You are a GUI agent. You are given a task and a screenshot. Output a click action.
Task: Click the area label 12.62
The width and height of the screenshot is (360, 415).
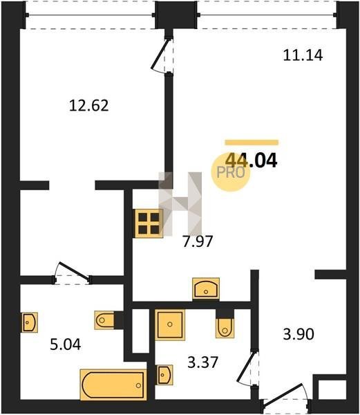[x=89, y=105]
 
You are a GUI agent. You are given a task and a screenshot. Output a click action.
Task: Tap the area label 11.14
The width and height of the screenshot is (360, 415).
[x=303, y=55]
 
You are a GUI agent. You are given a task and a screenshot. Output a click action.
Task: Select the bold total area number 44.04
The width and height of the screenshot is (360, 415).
[x=252, y=160]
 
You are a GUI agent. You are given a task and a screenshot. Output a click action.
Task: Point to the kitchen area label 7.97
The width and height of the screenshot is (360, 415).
[x=198, y=241]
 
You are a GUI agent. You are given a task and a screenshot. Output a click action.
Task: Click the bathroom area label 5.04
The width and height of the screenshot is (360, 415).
[x=66, y=345]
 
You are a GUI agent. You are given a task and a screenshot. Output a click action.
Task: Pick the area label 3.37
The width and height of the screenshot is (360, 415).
[x=202, y=362]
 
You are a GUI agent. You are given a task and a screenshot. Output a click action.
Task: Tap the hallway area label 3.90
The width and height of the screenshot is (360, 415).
[x=299, y=334]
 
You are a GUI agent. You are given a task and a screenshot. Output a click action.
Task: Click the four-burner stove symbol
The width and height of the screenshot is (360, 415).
[x=149, y=223]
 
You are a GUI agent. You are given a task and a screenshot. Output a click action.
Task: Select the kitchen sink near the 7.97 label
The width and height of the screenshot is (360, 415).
[x=206, y=288]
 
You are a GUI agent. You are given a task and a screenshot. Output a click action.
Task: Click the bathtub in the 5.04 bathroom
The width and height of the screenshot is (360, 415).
[x=113, y=385]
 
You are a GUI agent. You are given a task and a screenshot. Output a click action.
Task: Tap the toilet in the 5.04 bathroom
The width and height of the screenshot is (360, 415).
[x=104, y=320]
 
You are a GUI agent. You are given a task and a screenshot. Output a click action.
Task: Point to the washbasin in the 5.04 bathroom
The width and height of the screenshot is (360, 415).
[x=29, y=322]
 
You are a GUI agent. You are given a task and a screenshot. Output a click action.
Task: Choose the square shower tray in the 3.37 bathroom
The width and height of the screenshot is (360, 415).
[x=170, y=325]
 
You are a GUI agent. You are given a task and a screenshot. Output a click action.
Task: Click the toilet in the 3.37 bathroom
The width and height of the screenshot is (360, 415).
[x=225, y=328]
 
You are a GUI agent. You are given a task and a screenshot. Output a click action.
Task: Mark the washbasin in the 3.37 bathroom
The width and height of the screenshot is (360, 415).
[x=165, y=375]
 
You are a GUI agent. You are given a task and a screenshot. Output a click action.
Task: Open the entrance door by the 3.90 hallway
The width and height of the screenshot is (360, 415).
[x=285, y=395]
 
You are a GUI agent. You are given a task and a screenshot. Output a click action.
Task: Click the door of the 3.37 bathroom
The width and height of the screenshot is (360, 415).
[x=249, y=369]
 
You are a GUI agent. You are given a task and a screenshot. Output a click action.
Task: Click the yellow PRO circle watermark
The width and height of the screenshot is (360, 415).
[x=231, y=172]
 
